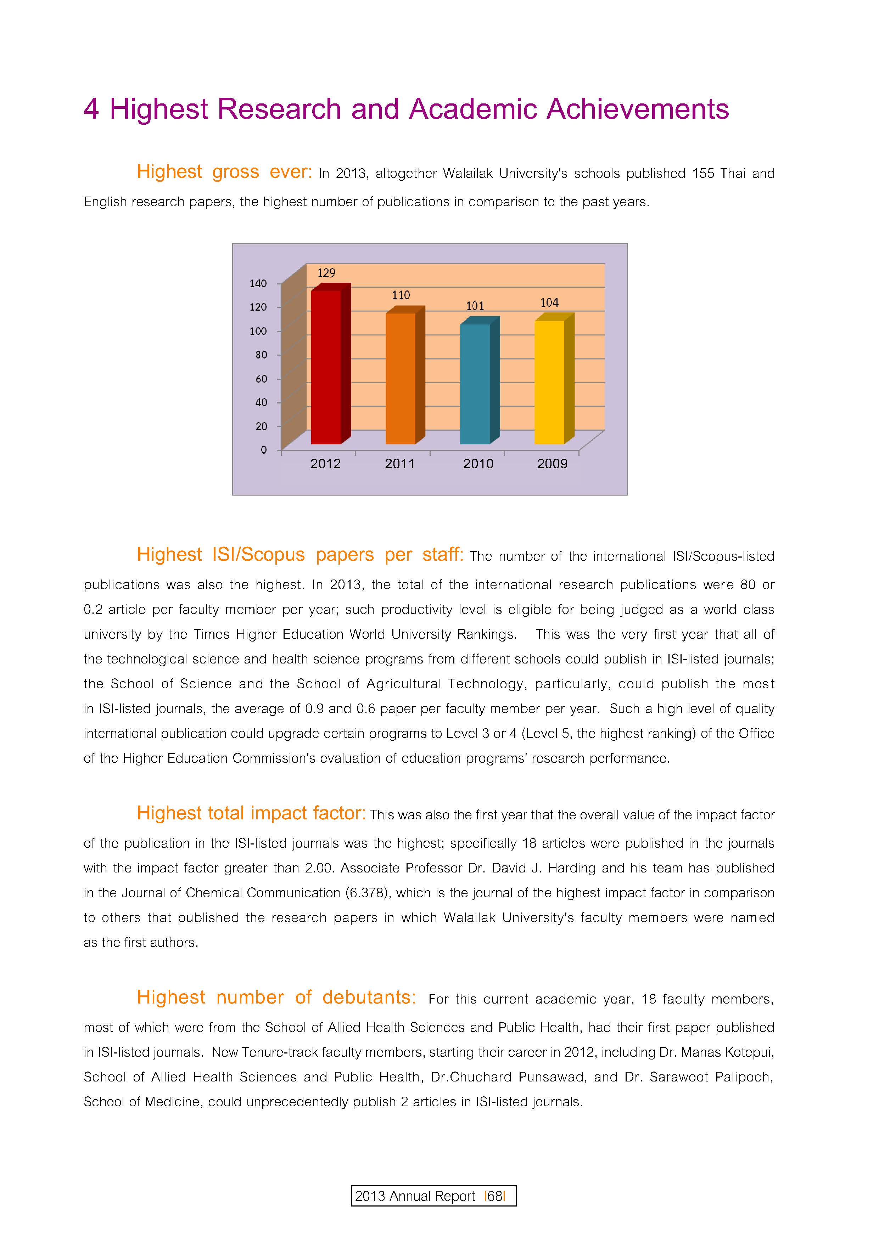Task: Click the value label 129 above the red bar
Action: [326, 273]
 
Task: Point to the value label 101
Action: [475, 306]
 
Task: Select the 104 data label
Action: [549, 303]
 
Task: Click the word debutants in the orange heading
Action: [369, 997]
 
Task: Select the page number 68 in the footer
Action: [495, 1196]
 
